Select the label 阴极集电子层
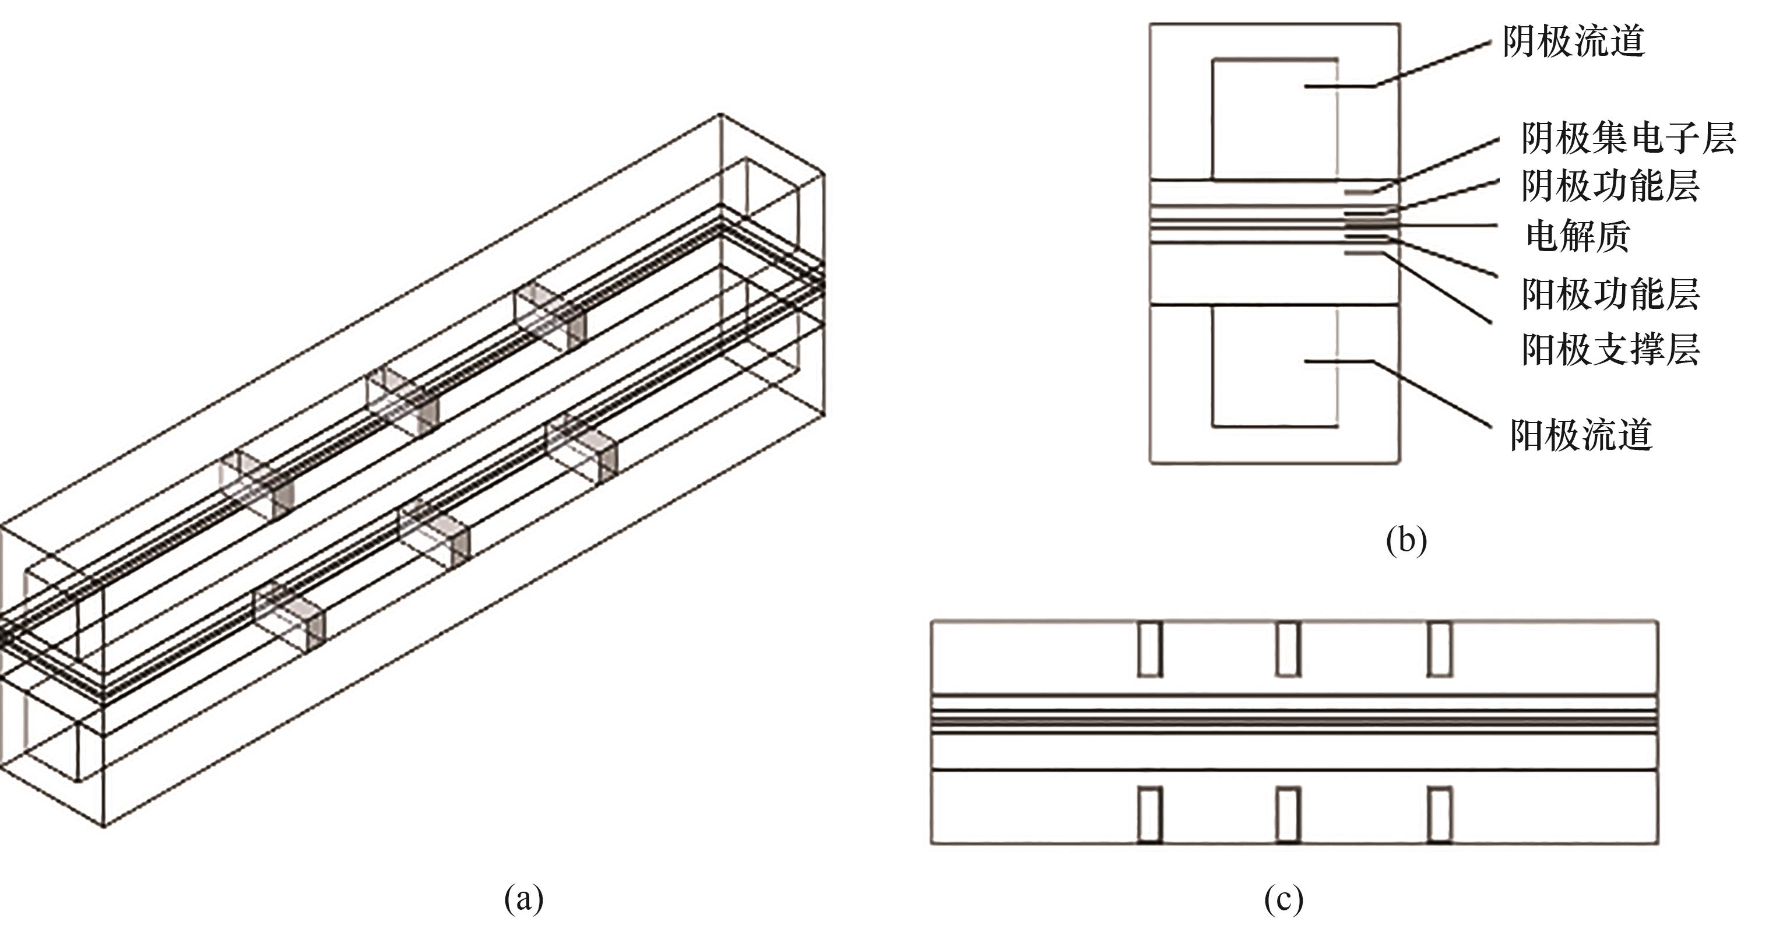1629,138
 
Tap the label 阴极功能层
1610,185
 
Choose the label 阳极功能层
1610,294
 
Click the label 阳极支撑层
1610,349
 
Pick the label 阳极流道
1581,435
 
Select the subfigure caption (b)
1406,540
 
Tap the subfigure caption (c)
1283,899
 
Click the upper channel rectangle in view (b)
1275,119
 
